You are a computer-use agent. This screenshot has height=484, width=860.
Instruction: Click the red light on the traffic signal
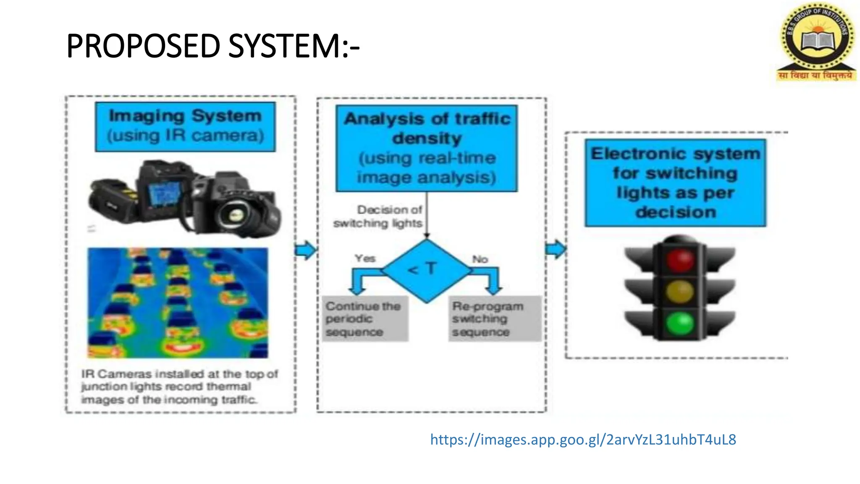(680, 260)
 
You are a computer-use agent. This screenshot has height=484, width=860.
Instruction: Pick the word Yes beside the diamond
(365, 258)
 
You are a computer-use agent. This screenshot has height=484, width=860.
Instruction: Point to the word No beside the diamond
(480, 259)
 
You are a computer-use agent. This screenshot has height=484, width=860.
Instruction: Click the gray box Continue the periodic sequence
(364, 319)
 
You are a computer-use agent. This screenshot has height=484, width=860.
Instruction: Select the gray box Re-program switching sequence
(494, 319)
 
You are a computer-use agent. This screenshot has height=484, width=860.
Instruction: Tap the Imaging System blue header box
(185, 126)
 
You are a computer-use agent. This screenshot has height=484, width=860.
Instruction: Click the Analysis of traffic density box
(427, 148)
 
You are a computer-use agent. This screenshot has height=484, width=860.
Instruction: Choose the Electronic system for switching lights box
(675, 183)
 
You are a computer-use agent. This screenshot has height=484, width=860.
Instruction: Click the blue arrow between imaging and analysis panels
(305, 250)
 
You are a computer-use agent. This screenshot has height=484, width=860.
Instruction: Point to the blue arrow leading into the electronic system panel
(556, 249)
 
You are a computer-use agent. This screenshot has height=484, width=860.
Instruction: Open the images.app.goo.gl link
(583, 439)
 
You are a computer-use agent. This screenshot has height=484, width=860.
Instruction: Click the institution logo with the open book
(816, 41)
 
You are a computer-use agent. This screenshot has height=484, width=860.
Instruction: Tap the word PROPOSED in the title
(143, 46)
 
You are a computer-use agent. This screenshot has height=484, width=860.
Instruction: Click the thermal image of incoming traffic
(178, 302)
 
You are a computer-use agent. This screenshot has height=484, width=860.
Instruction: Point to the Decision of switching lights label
(378, 216)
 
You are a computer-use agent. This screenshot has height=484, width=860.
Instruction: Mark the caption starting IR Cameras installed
(179, 387)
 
